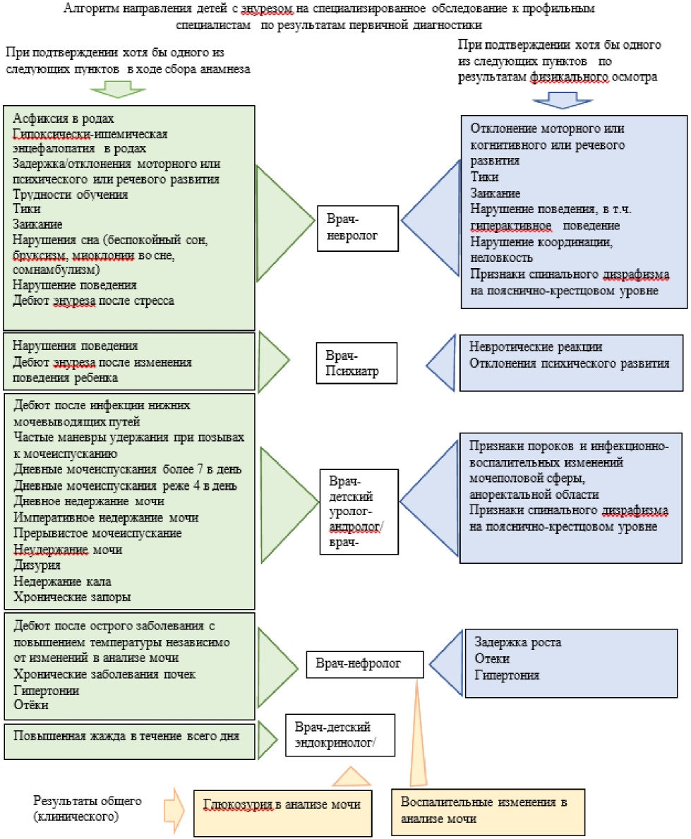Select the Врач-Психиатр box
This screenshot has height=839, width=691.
351,362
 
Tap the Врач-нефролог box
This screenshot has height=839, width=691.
365,664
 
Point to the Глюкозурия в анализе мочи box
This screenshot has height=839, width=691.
282,805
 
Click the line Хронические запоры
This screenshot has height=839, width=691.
62,596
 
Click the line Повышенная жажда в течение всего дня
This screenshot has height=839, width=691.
126,735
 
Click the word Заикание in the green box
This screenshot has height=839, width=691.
41,224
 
